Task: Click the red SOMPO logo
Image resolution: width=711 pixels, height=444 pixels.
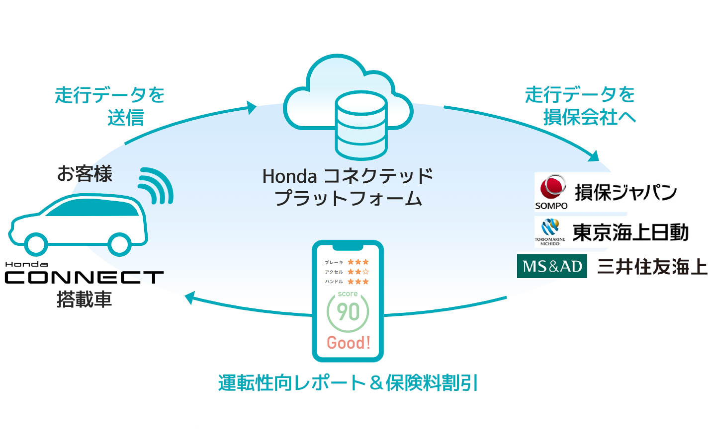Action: pyautogui.click(x=552, y=188)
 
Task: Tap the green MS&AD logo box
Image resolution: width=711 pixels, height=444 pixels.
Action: pyautogui.click(x=552, y=266)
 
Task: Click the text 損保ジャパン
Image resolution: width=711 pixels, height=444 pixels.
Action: pyautogui.click(x=625, y=192)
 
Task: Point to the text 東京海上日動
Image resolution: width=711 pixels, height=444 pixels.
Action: pyautogui.click(x=630, y=232)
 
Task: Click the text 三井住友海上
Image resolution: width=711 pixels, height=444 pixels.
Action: pyautogui.click(x=652, y=267)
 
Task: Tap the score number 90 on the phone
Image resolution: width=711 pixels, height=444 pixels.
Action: pyautogui.click(x=348, y=312)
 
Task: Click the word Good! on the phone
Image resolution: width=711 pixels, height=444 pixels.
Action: pyautogui.click(x=348, y=343)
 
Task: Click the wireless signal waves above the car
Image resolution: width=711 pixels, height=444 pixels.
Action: pyautogui.click(x=156, y=186)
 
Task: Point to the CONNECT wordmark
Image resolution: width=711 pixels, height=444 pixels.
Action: pyautogui.click(x=84, y=277)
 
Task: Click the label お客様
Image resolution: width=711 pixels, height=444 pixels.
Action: pyautogui.click(x=85, y=174)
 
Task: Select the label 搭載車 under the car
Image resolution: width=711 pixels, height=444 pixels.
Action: pyautogui.click(x=84, y=299)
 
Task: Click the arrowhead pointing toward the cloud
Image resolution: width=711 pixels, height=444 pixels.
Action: pyautogui.click(x=251, y=107)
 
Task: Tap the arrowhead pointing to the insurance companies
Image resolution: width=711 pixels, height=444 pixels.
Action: pyautogui.click(x=594, y=156)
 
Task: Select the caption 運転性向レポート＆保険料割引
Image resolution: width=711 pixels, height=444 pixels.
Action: pyautogui.click(x=348, y=383)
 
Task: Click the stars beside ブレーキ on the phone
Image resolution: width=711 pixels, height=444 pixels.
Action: pyautogui.click(x=358, y=262)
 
